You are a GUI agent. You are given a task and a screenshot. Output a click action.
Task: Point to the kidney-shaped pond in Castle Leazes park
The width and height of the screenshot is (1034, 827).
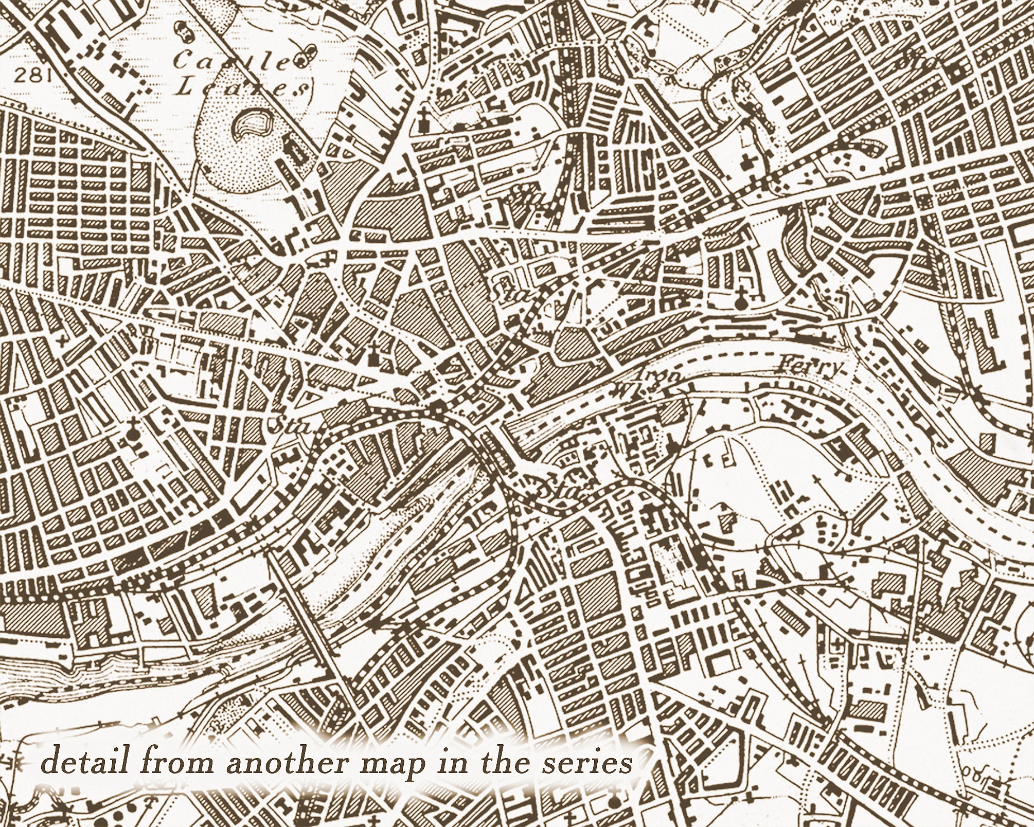(251, 125)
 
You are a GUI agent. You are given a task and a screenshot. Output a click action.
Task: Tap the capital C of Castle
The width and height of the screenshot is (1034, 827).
(183, 61)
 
